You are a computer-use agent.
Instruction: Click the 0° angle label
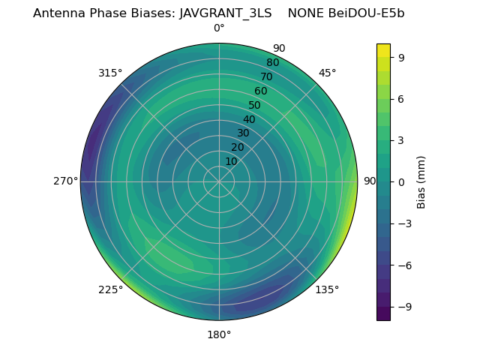point(219,28)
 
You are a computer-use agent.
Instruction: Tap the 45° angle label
point(327,73)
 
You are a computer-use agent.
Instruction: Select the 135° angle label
point(327,289)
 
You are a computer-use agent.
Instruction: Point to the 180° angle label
point(219,334)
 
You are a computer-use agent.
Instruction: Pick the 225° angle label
point(110,289)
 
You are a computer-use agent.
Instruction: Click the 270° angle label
point(65,181)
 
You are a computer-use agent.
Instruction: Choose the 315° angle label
point(110,73)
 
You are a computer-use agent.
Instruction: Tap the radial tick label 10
point(231,161)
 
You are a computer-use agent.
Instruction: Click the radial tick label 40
point(249,119)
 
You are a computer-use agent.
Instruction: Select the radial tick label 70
point(266,76)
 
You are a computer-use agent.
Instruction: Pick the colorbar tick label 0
point(401,181)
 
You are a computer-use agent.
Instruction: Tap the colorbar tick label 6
point(401,98)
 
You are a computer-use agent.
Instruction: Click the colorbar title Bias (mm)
point(421,181)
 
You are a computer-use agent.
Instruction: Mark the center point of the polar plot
point(219,181)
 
